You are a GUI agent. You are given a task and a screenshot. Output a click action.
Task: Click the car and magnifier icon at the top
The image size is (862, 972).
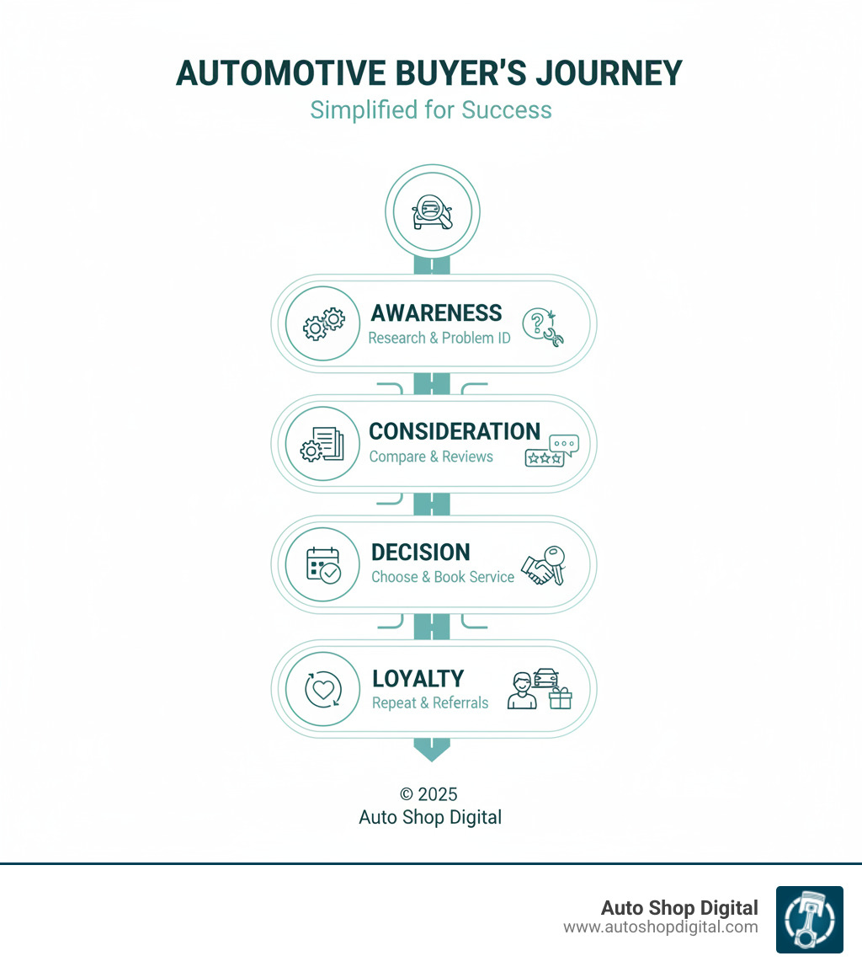pos(432,211)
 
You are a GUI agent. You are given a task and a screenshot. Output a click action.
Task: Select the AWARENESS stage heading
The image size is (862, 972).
pos(436,312)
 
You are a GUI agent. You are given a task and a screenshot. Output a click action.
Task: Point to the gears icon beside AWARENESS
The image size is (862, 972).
pos(323,323)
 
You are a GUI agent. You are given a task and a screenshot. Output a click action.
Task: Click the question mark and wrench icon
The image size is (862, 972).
pos(543,327)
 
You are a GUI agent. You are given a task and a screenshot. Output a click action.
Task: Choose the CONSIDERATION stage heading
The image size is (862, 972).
pos(455,431)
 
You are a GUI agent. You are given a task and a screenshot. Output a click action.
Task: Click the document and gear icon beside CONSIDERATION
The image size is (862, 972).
pos(323,444)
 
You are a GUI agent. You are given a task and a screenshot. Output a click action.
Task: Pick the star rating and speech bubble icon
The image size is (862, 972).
pos(547,451)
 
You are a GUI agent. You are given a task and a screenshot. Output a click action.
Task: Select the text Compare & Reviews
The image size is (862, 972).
pos(431,457)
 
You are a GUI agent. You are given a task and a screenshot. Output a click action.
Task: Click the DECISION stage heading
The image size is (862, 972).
pos(421,553)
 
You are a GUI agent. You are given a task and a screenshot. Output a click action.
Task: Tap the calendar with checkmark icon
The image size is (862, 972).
pos(323,564)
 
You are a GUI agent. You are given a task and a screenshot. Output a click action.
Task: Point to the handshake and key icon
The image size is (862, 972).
pos(544,565)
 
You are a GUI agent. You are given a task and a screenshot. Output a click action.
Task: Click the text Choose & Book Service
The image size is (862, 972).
pos(443,577)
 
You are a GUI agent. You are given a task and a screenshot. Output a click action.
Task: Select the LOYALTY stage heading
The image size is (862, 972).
pos(418,679)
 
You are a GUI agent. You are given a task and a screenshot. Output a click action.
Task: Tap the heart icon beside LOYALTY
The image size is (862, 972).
pos(323,690)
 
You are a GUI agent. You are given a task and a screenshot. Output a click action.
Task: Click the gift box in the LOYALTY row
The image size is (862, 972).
pos(560,697)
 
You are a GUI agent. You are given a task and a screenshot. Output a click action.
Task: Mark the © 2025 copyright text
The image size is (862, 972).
pos(428,794)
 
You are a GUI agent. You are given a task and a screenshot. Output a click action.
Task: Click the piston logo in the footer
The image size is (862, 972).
pos(809,920)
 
